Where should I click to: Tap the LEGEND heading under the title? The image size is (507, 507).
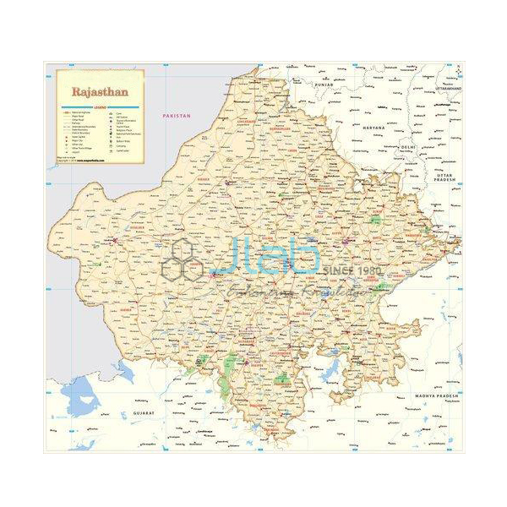[x=100, y=106]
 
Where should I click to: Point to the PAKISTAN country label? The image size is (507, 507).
[x=178, y=115]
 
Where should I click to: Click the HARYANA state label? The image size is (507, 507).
[x=373, y=127]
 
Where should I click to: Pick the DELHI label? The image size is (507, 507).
[x=410, y=146]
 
